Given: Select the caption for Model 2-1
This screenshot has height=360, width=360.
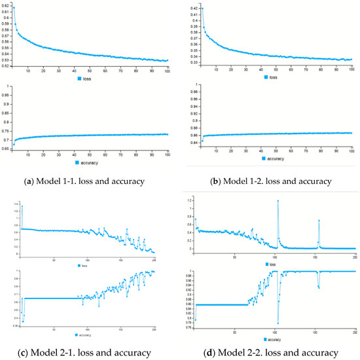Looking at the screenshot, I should (x=90, y=353).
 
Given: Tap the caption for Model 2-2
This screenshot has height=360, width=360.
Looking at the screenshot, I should (x=270, y=353).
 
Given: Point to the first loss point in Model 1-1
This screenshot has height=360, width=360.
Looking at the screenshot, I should (x=14, y=8).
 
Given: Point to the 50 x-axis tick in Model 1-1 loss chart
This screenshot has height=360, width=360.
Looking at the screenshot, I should (x=89, y=70).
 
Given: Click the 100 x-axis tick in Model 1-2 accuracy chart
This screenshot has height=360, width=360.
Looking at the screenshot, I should (x=351, y=150).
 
